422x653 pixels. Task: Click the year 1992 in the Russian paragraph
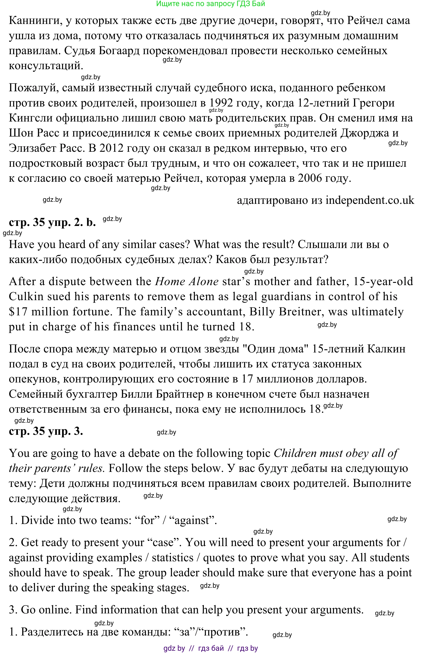tap(221, 103)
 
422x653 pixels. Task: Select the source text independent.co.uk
tap(370, 200)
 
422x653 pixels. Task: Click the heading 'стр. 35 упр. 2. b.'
tap(52, 222)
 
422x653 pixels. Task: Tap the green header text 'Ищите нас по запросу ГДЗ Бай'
tap(210, 4)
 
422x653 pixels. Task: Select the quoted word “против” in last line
tap(223, 632)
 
